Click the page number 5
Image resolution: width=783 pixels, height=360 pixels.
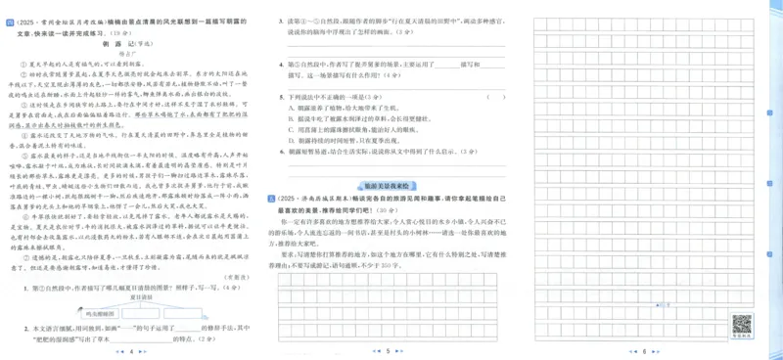click(x=389, y=350)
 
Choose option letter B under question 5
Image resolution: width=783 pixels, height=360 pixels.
click(x=291, y=117)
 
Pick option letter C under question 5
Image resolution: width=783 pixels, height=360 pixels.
click(x=291, y=129)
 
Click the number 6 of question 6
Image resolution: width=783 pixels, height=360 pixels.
click(x=280, y=152)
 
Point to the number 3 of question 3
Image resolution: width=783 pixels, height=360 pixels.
click(x=280, y=19)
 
